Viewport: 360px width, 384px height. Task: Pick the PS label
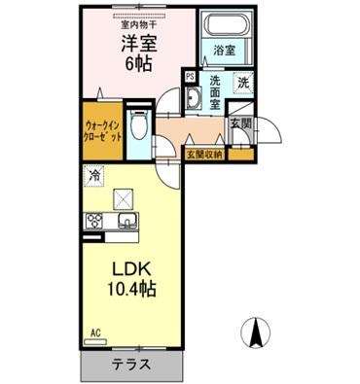[x=190, y=76]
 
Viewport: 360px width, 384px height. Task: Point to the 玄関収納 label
[x=203, y=154]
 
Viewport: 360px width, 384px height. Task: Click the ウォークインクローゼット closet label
[x=103, y=130]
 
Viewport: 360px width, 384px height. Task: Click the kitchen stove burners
[x=95, y=221]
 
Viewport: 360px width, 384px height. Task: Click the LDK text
[x=127, y=267]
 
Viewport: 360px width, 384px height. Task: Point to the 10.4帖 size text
[x=127, y=289]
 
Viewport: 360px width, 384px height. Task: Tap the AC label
[x=95, y=332]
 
